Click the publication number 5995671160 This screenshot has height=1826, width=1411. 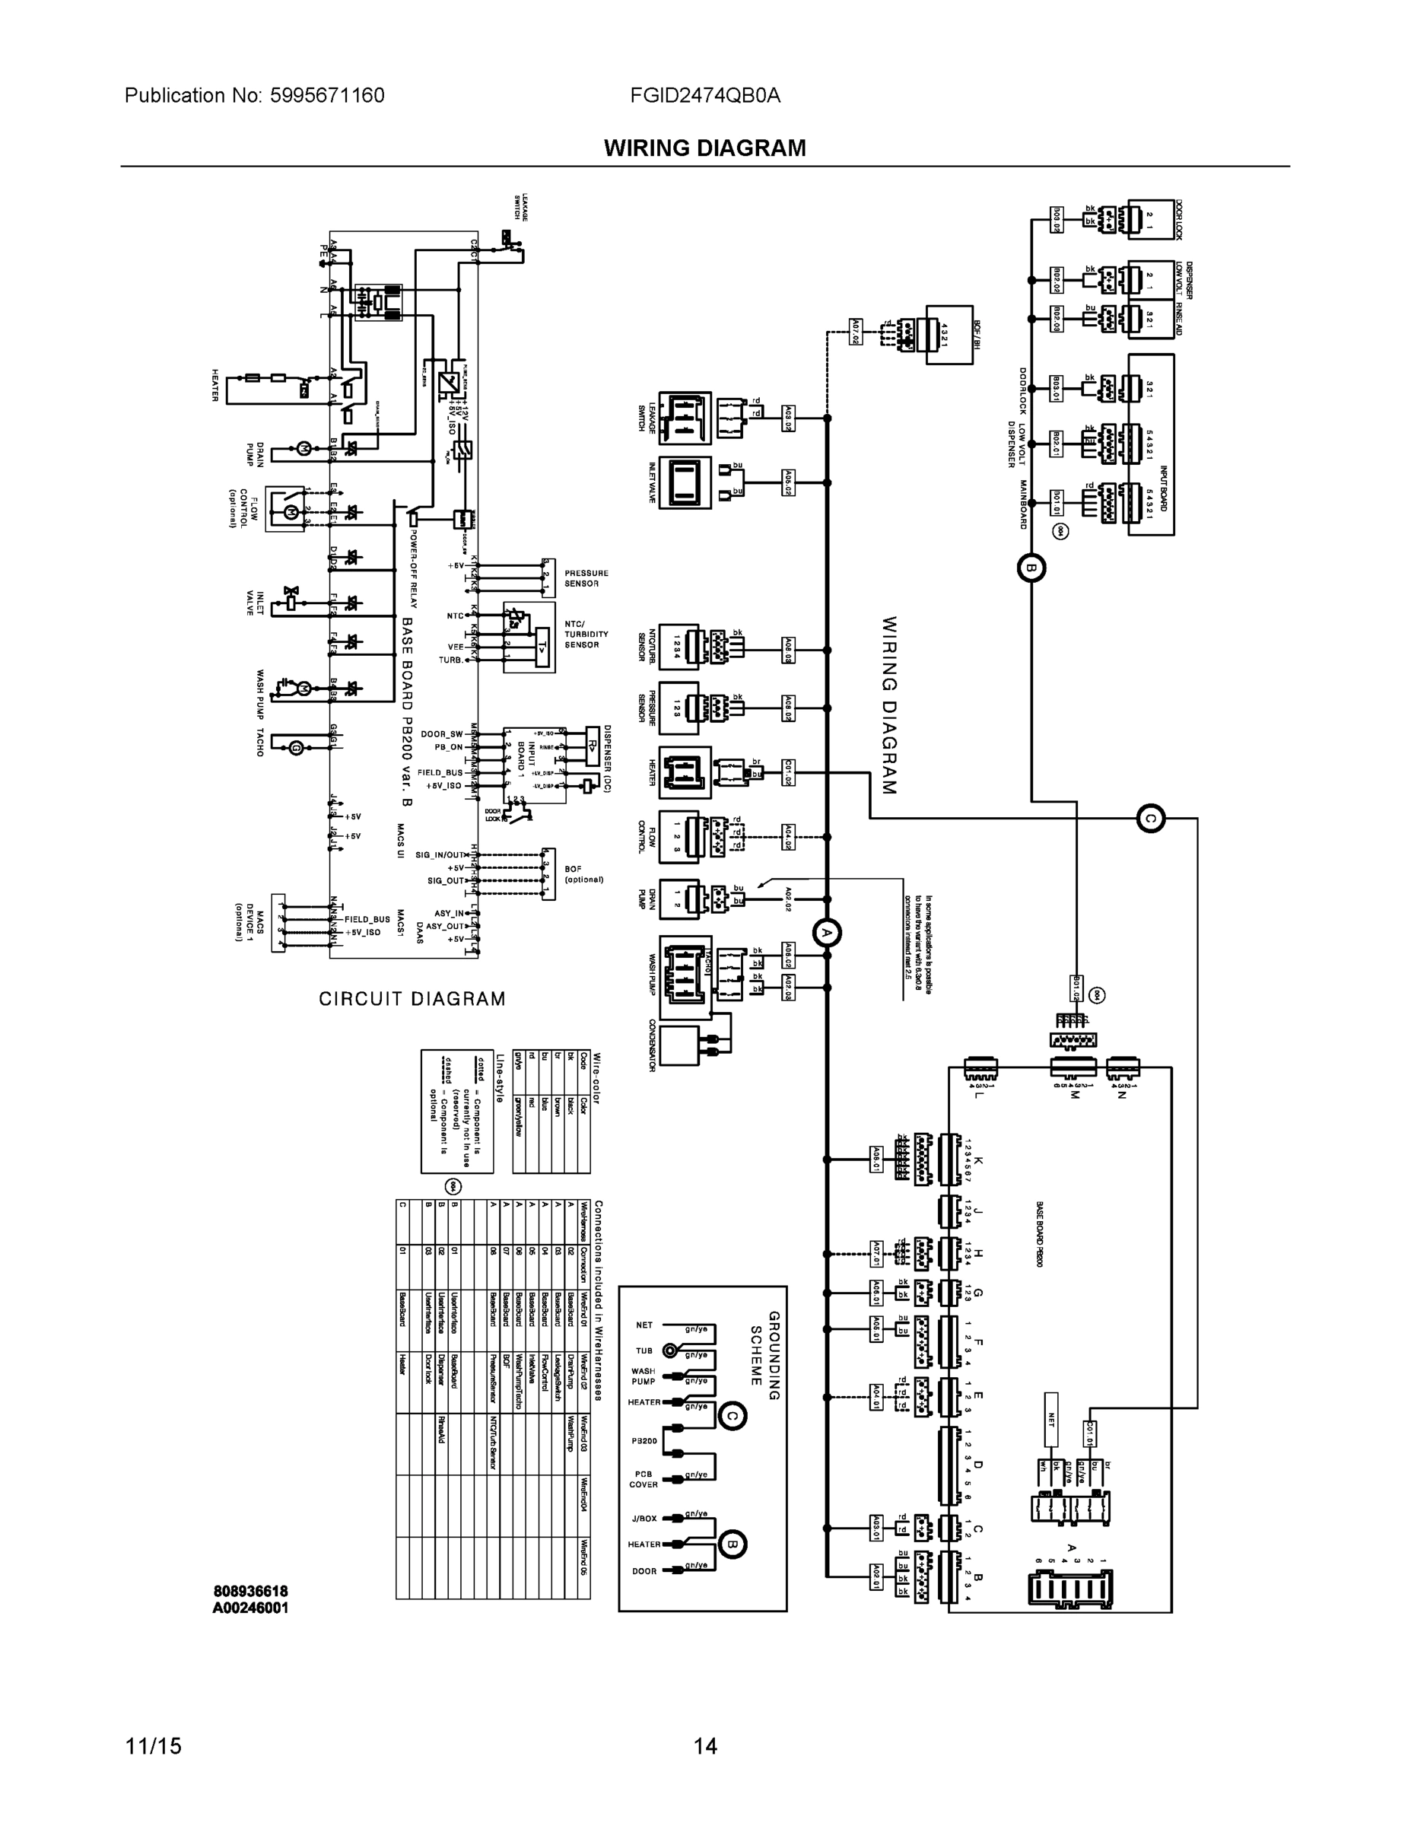click(327, 96)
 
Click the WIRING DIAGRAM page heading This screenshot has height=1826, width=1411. click(704, 148)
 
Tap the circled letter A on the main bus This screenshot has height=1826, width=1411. click(827, 932)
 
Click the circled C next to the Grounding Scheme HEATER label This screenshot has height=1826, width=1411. click(733, 1415)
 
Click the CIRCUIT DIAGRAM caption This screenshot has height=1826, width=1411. click(412, 999)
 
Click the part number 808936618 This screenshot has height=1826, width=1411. click(250, 1591)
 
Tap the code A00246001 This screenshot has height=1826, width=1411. click(250, 1608)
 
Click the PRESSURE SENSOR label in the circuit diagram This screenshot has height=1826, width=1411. click(586, 578)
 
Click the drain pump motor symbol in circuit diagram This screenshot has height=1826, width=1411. click(304, 449)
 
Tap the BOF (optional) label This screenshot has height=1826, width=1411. click(583, 874)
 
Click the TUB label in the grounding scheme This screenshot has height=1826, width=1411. click(644, 1351)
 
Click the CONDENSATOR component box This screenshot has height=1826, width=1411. click(678, 1045)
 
